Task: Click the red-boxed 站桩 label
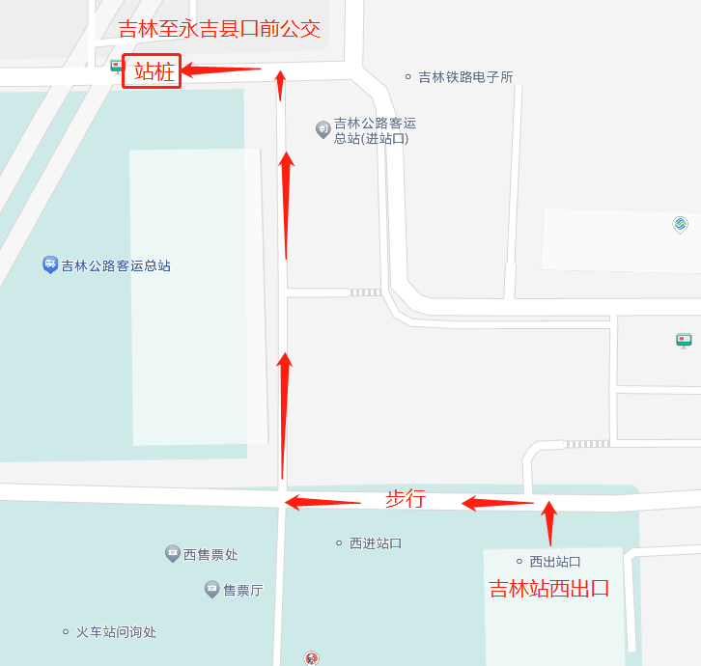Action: pos(153,71)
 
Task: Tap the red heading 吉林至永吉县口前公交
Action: pos(219,29)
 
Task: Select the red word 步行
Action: pos(406,499)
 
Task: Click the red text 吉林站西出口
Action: pos(548,588)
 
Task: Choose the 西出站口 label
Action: pos(554,561)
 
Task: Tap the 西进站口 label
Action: pos(375,543)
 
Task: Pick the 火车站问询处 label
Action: pos(116,632)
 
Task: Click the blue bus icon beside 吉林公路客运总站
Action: pos(50,264)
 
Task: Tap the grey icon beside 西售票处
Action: pos(172,554)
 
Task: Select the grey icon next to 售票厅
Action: pos(211,589)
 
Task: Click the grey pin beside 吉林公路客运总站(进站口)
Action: pos(323,129)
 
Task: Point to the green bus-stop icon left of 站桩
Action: pos(117,67)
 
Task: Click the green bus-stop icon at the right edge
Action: pos(684,340)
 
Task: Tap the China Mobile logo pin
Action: pos(681,225)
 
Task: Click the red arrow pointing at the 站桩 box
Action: pos(222,69)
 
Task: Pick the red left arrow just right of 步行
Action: pos(497,502)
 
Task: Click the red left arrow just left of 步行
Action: pos(322,502)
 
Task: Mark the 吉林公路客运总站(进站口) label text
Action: pos(375,130)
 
